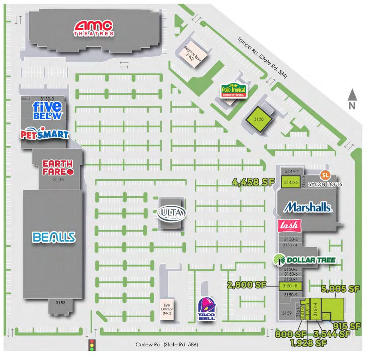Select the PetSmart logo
point(44,134)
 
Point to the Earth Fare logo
point(58,167)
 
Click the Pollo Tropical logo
point(234,91)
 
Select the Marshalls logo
point(308,207)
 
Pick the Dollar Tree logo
point(304,260)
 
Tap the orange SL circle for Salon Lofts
point(325,175)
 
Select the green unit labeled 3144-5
point(290,182)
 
